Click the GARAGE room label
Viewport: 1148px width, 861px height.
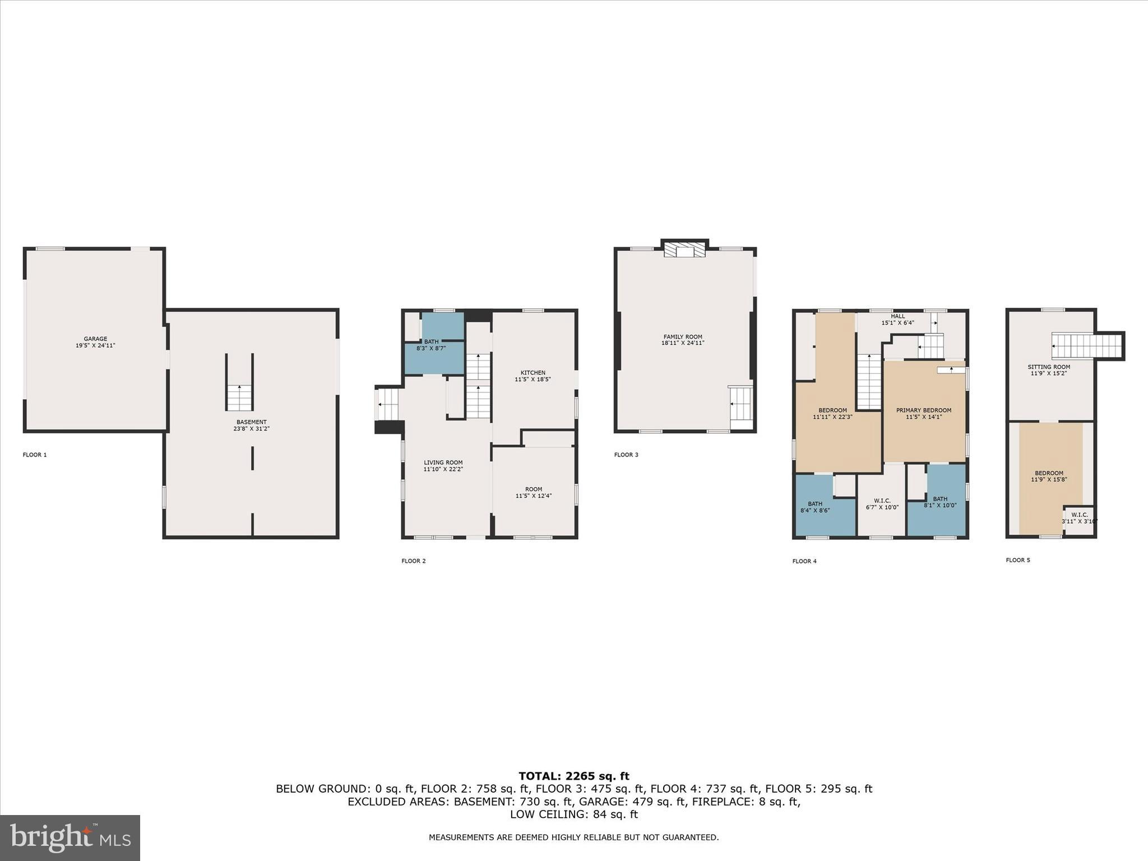(x=95, y=342)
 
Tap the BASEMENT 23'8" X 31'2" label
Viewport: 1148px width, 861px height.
(x=251, y=425)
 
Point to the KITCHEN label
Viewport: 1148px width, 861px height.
(x=533, y=376)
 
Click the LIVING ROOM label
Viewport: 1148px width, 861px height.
(x=443, y=466)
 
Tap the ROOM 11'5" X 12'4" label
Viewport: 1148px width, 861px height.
(x=533, y=492)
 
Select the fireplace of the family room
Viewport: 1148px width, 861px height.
(x=684, y=250)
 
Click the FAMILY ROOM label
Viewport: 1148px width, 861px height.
(x=683, y=340)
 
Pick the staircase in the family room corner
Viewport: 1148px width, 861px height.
(x=740, y=403)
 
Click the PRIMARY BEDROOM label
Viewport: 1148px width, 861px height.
(x=923, y=413)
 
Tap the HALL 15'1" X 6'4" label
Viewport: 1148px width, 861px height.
(x=897, y=320)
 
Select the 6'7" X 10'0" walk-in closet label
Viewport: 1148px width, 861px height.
(x=882, y=503)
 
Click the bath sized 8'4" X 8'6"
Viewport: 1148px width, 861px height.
(x=815, y=507)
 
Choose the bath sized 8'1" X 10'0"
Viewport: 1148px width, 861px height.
(x=940, y=502)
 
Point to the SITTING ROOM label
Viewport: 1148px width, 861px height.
(x=1048, y=370)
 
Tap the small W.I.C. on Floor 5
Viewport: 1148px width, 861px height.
(x=1079, y=518)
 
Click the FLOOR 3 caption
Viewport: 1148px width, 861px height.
(x=626, y=455)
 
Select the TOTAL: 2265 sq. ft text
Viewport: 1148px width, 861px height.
(x=573, y=776)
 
